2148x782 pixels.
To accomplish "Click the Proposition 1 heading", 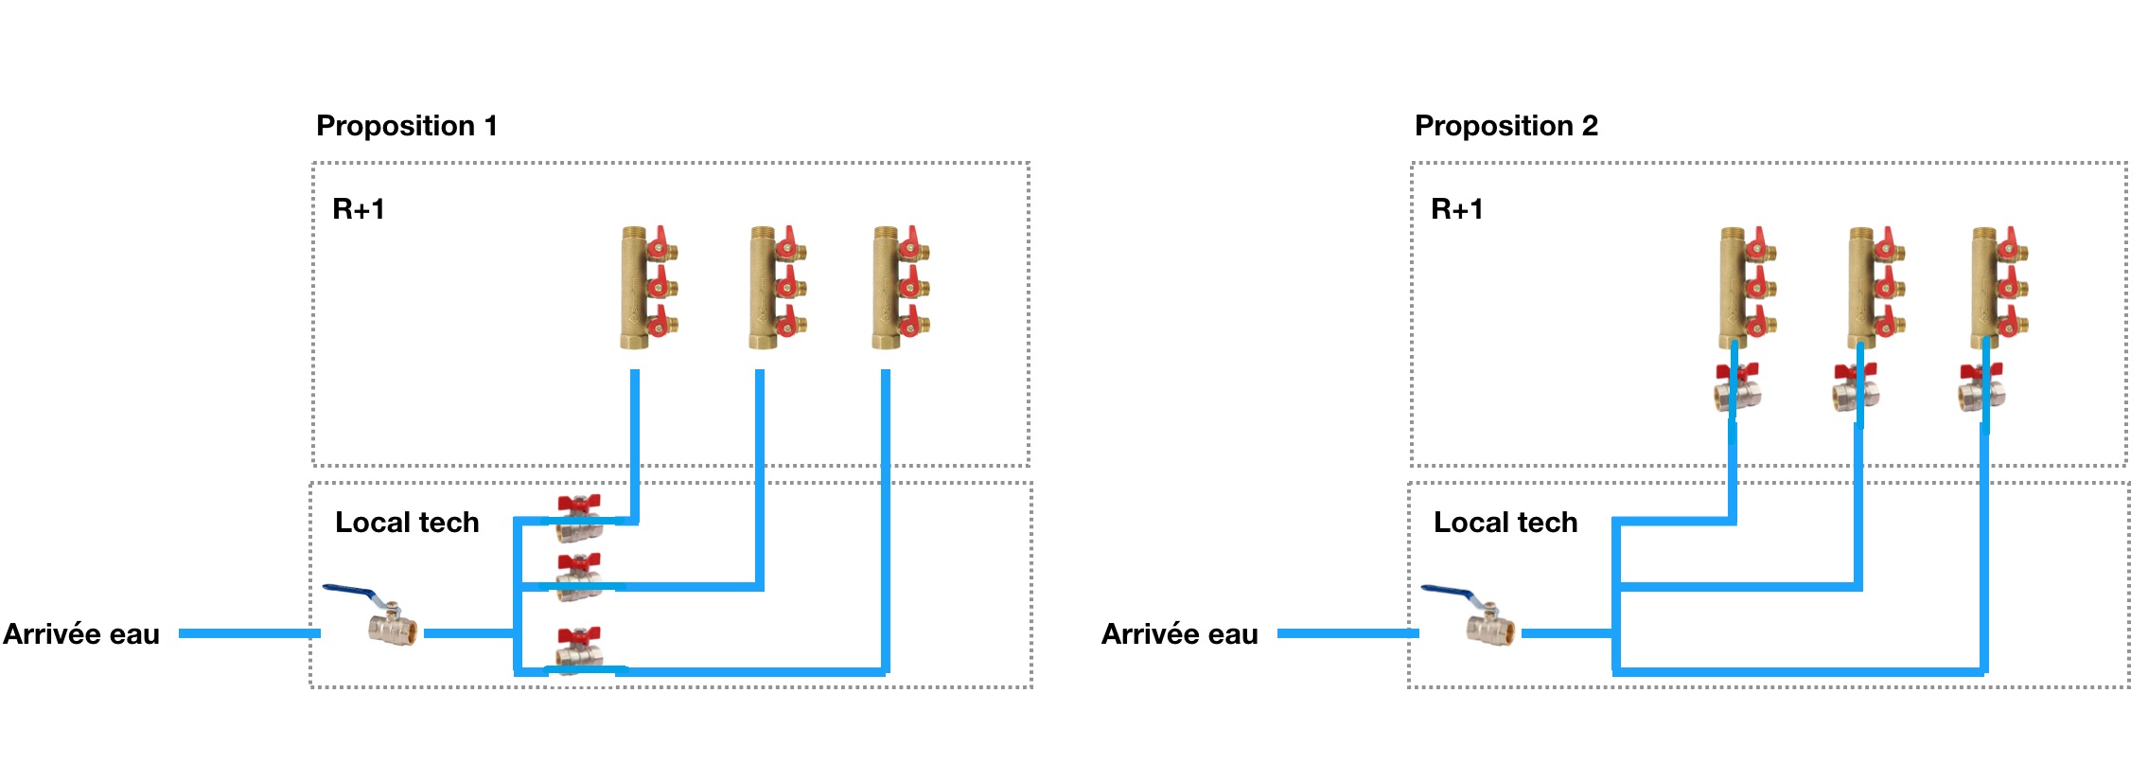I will pyautogui.click(x=406, y=126).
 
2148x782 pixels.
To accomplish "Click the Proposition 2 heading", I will pyautogui.click(x=1505, y=126).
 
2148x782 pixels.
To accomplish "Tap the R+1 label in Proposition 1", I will pyautogui.click(x=359, y=209).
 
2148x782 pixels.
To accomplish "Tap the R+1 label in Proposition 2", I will pyautogui.click(x=1457, y=209).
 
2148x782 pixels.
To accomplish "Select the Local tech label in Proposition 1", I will pyautogui.click(x=407, y=523).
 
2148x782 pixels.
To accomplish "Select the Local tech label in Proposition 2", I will pyautogui.click(x=1505, y=523).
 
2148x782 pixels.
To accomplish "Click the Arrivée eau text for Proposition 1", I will pyautogui.click(x=81, y=634).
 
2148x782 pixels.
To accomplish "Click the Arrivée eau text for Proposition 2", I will pyautogui.click(x=1180, y=634).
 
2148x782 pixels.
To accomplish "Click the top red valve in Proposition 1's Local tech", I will pyautogui.click(x=579, y=516).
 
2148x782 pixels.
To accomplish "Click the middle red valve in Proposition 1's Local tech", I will pyautogui.click(x=579, y=577).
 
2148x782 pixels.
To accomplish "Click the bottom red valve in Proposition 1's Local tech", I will pyautogui.click(x=579, y=649).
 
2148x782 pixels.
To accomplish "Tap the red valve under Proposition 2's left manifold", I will pyautogui.click(x=1737, y=386).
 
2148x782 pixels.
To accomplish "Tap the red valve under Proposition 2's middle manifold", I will pyautogui.click(x=1856, y=386).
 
